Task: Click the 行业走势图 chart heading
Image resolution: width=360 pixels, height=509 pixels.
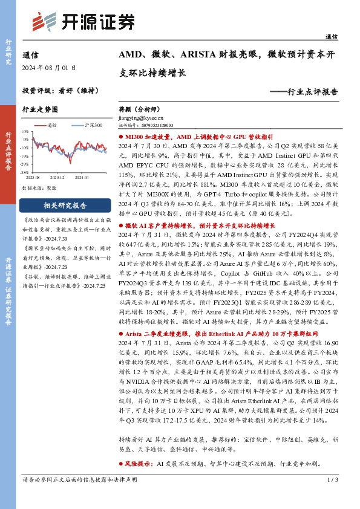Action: coord(40,109)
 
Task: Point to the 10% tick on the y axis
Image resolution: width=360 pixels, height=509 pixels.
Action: coord(24,131)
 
